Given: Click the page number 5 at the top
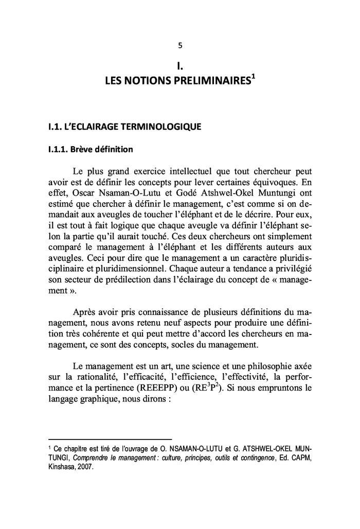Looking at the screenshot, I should point(179,45).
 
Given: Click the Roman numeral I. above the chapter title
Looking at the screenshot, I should point(179,65).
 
